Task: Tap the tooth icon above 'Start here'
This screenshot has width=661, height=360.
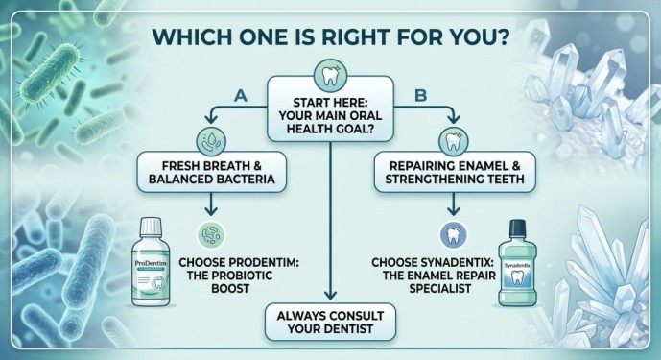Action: click(x=330, y=74)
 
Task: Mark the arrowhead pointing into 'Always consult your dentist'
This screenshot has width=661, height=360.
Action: click(x=330, y=296)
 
